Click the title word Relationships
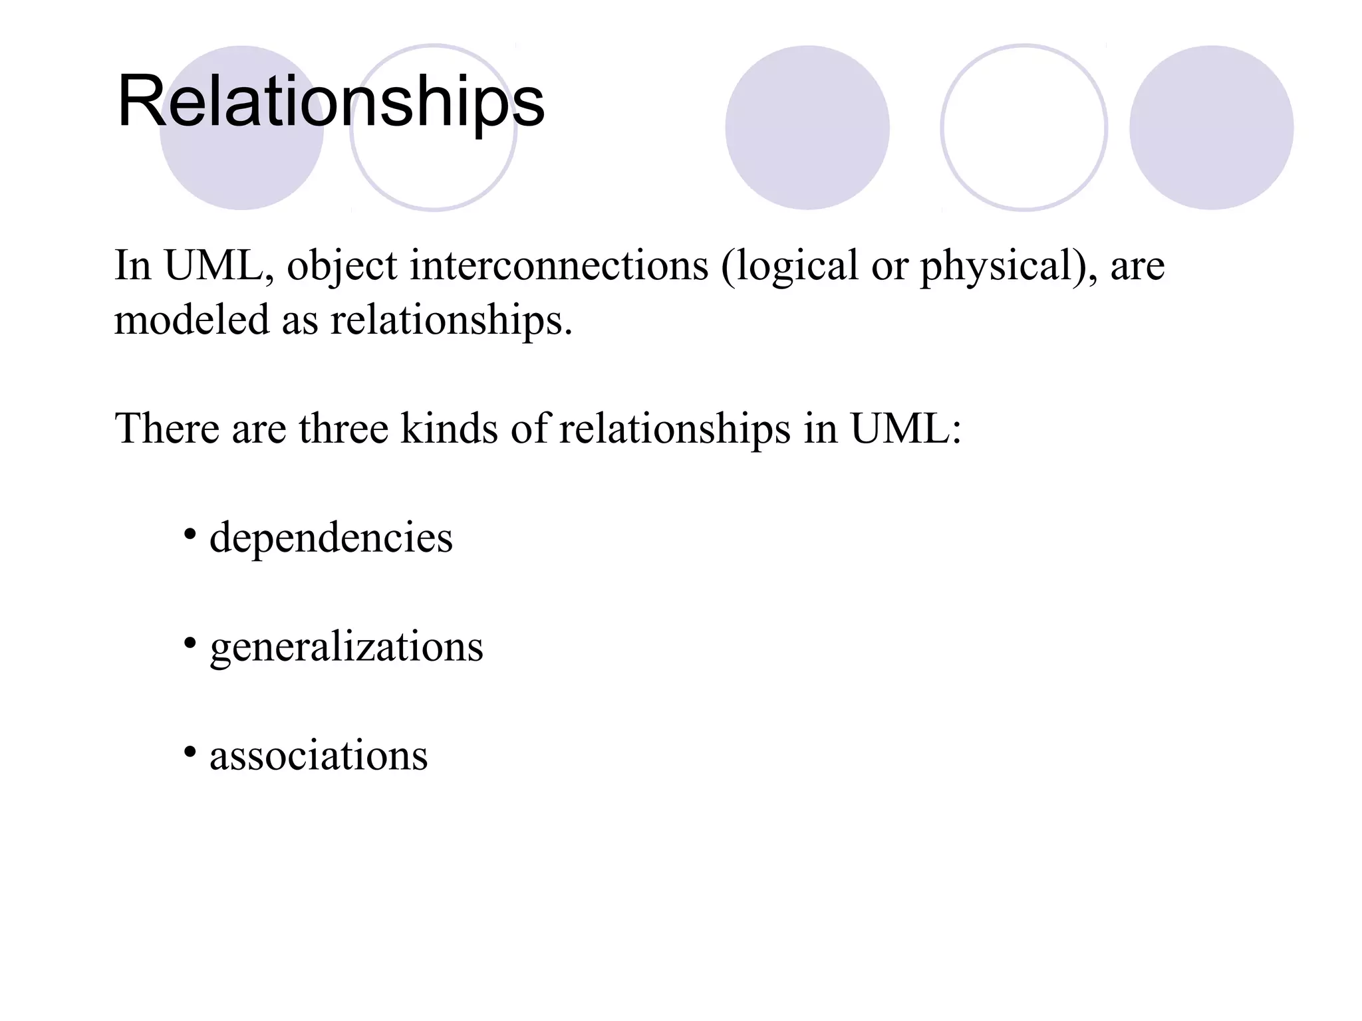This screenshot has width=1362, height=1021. point(331,102)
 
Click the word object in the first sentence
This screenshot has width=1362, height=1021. point(342,266)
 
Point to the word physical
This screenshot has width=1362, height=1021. point(1003,266)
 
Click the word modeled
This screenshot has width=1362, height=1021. point(192,320)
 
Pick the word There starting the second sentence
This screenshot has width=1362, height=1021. point(167,428)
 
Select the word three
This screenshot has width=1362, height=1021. point(343,428)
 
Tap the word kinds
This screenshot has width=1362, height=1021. point(449,428)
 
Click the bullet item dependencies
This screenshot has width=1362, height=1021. point(331,537)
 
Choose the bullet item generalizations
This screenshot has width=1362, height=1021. point(346,646)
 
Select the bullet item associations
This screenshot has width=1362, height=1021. point(319,755)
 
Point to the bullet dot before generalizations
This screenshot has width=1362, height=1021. point(190,643)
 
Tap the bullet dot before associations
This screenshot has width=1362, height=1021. point(190,752)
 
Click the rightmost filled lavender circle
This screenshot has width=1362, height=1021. point(1211,128)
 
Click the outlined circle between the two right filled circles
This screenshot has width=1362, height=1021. point(1023,128)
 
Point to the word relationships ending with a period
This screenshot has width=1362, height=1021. point(451,320)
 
